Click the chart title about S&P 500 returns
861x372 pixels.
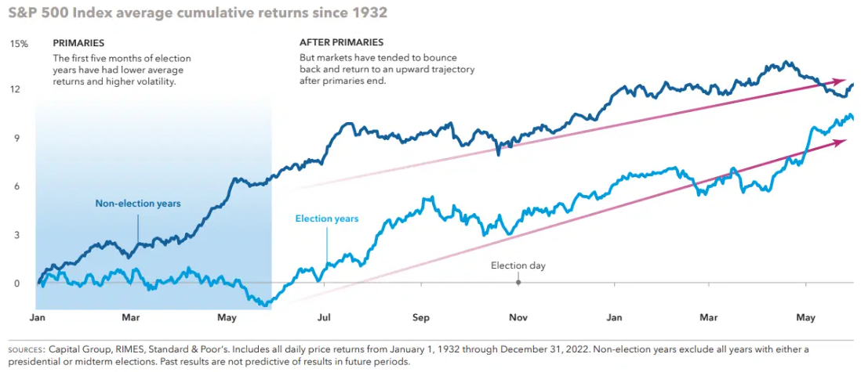[x=197, y=14]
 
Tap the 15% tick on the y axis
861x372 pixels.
[x=19, y=44]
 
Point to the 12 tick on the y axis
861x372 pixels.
[x=15, y=89]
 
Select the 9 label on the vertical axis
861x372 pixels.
[x=15, y=138]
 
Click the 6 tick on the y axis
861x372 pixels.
[x=15, y=186]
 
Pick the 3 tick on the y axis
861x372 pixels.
[x=15, y=235]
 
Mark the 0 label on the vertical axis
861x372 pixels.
[x=15, y=284]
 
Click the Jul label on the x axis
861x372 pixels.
[x=323, y=318]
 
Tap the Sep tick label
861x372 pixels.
[x=421, y=318]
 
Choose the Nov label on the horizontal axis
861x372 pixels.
[x=518, y=318]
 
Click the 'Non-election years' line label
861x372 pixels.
[x=138, y=204]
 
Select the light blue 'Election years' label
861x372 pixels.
[x=326, y=219]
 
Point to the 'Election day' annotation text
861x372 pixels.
[x=518, y=266]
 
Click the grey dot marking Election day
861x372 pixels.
[x=518, y=282]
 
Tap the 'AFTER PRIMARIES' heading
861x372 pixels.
[x=341, y=43]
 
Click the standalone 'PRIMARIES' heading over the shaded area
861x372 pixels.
[x=78, y=43]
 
